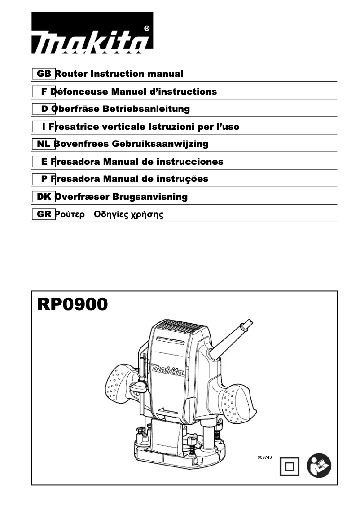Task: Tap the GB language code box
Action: click(x=44, y=74)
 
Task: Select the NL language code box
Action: click(x=44, y=144)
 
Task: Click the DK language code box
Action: click(x=44, y=197)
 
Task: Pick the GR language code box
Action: click(x=44, y=214)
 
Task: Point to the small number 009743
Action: click(x=264, y=457)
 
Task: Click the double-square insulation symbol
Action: click(x=290, y=467)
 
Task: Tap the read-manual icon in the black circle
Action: click(x=319, y=467)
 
